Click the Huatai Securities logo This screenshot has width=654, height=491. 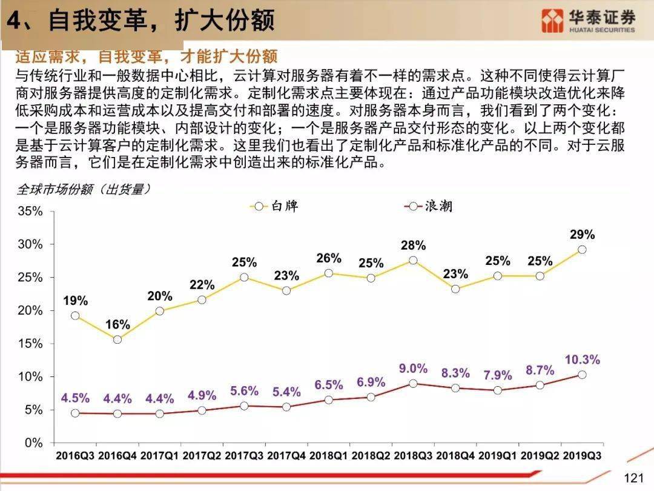(x=588, y=21)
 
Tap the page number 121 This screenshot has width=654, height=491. (x=633, y=478)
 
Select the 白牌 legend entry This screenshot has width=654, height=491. (x=274, y=206)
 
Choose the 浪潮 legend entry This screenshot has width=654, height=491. (x=428, y=206)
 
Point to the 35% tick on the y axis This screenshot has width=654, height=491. (x=30, y=212)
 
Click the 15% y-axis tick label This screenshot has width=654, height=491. (x=30, y=344)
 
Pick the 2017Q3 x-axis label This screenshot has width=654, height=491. (x=244, y=455)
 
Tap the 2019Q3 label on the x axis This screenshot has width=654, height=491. (x=583, y=455)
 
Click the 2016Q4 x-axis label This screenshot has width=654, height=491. (x=117, y=455)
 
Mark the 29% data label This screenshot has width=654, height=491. (x=583, y=234)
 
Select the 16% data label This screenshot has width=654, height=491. (x=117, y=324)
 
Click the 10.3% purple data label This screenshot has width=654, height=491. (x=583, y=359)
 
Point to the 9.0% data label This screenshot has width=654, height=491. (x=413, y=369)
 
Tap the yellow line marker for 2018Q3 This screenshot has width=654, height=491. (x=413, y=260)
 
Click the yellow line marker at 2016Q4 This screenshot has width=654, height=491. (x=117, y=339)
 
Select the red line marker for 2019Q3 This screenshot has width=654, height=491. (x=583, y=375)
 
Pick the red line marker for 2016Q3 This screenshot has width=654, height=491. (x=75, y=413)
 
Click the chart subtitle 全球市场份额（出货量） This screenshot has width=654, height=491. (x=84, y=190)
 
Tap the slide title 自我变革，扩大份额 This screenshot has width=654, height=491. (x=162, y=20)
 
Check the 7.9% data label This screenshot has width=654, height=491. (x=498, y=375)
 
